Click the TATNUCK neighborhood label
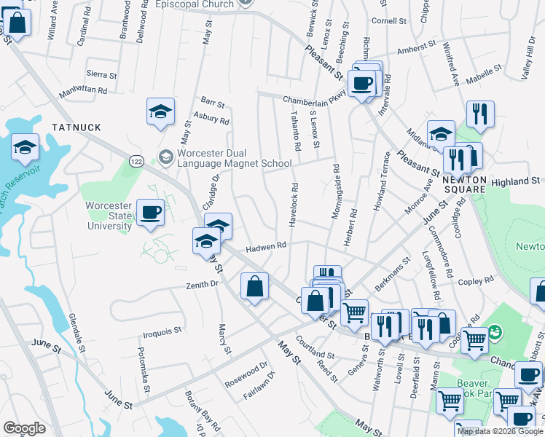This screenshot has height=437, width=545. (x=77, y=127)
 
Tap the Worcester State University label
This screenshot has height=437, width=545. (x=109, y=216)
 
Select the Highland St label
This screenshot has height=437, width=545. (x=514, y=181)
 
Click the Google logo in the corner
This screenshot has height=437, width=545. (x=24, y=428)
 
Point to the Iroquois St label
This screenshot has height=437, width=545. (x=162, y=331)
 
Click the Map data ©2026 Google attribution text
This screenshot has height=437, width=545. (x=501, y=431)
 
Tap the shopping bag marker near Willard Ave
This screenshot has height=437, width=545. (x=18, y=23)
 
